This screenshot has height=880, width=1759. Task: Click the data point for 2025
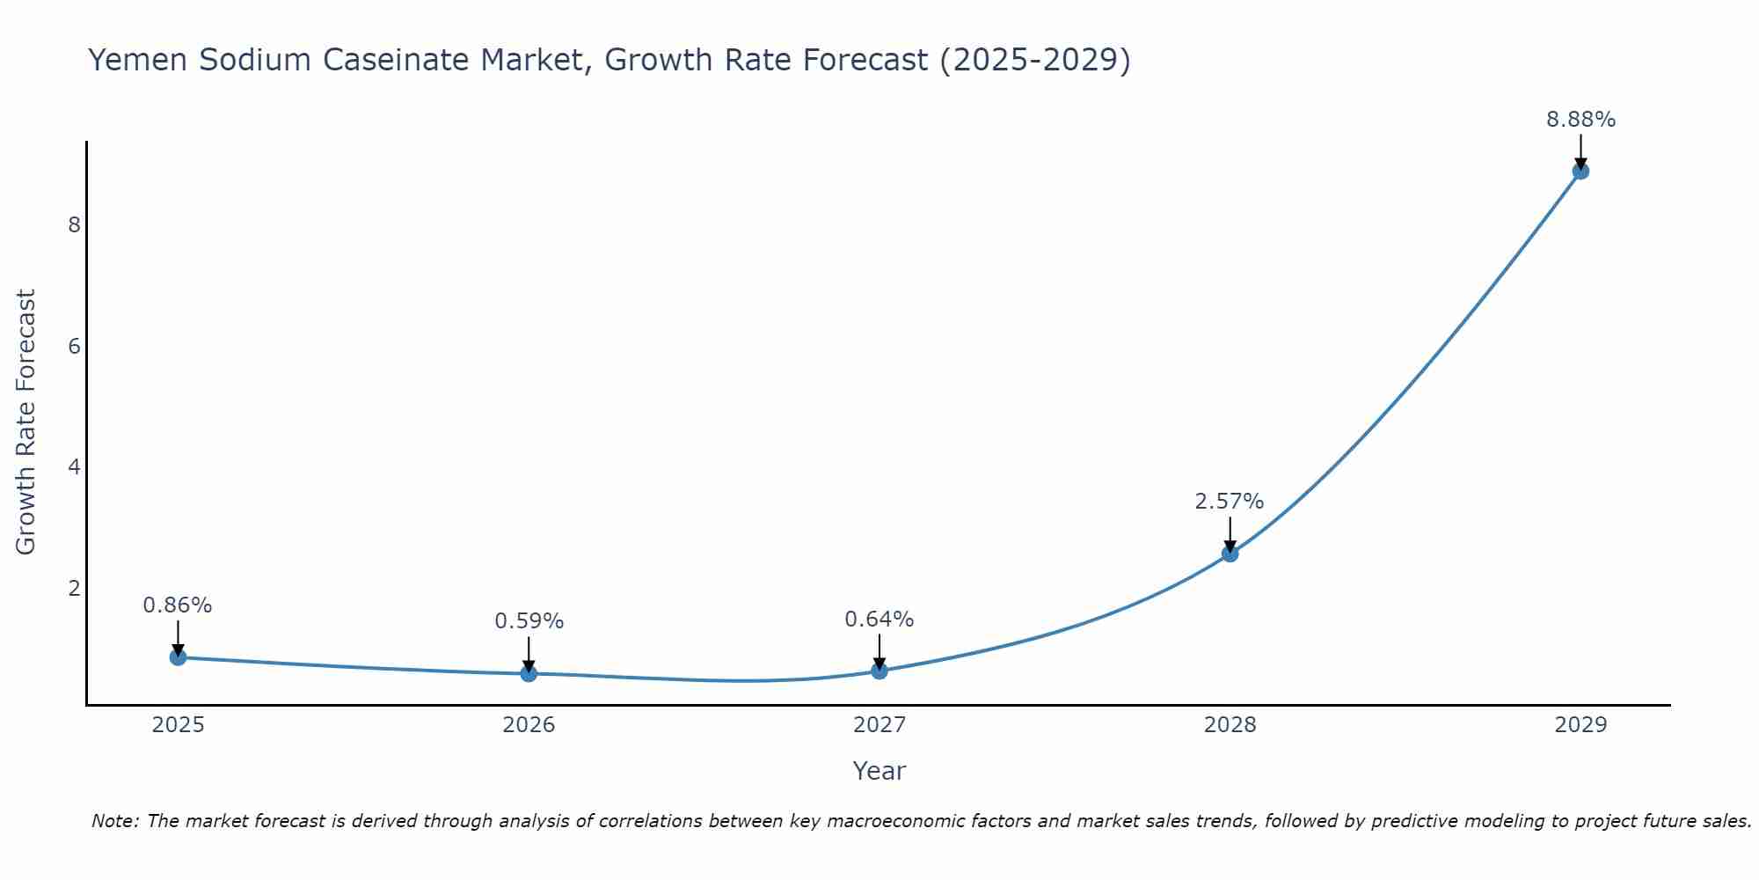(178, 657)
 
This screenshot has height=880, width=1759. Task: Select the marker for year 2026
(529, 673)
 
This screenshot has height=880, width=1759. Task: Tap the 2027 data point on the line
(879, 671)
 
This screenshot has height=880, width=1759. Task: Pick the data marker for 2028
(1230, 554)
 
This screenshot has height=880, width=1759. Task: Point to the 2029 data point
(1580, 171)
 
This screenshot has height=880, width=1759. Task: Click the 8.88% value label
(1580, 120)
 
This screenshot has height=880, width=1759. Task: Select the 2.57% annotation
(1229, 502)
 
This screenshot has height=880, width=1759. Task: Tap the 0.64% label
(879, 620)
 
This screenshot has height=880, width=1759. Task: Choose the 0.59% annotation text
(529, 621)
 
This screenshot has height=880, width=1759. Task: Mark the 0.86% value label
(178, 605)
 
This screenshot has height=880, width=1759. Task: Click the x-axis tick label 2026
(529, 725)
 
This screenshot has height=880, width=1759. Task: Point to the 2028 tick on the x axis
(1230, 725)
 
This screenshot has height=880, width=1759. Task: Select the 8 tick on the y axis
(74, 225)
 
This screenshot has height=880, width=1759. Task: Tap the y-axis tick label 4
(74, 466)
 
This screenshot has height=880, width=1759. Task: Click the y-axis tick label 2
(74, 588)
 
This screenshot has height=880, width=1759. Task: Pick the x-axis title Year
(879, 771)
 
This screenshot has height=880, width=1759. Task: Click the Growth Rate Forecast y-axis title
(26, 422)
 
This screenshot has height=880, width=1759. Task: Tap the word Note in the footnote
(114, 821)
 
